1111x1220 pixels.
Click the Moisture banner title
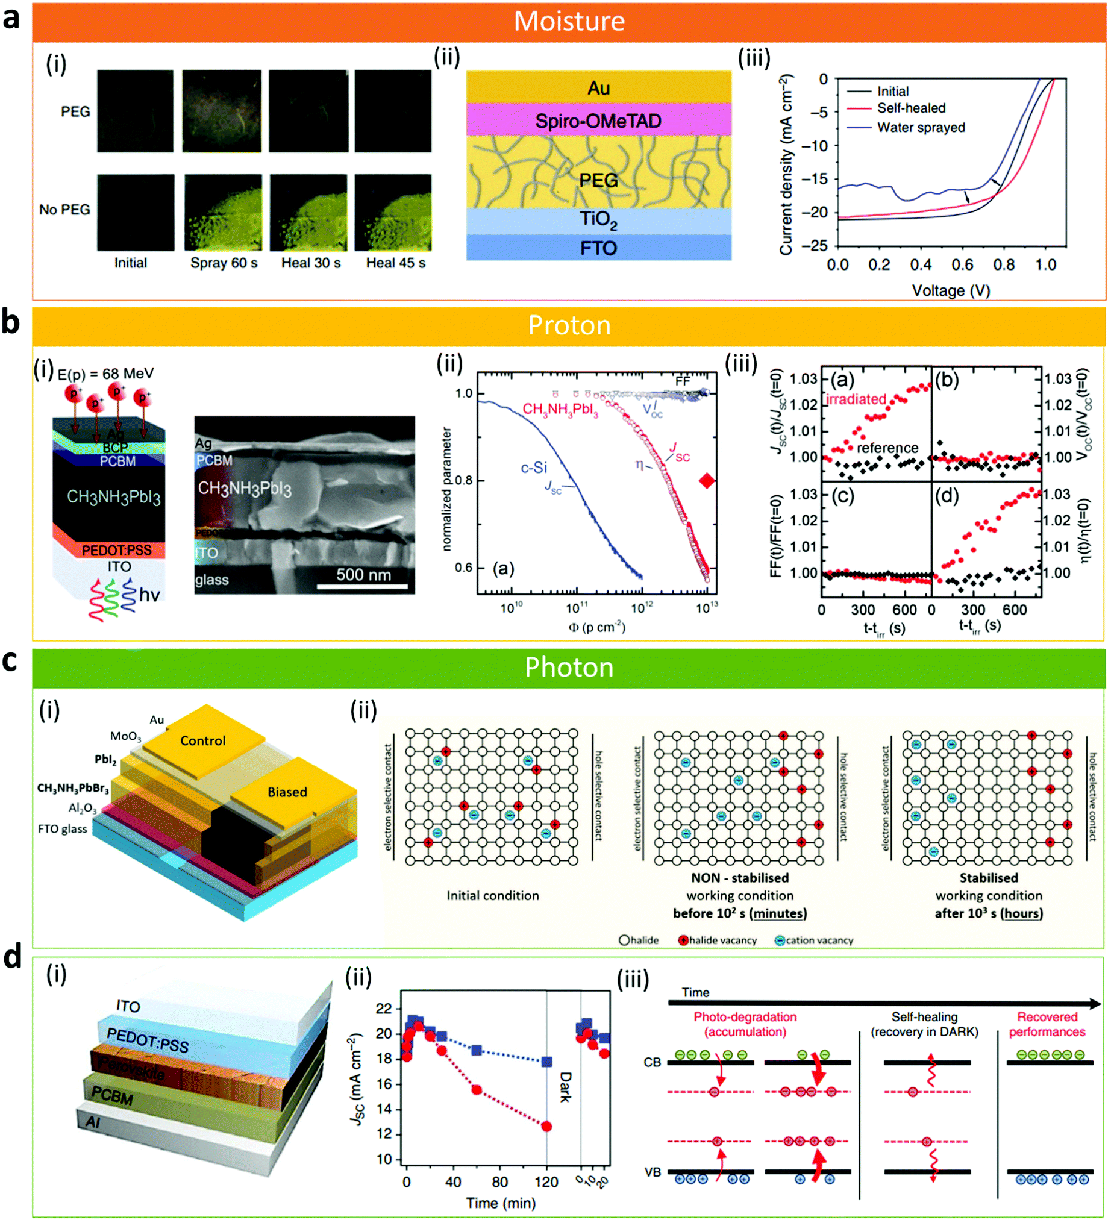569,21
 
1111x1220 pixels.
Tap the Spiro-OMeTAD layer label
598,121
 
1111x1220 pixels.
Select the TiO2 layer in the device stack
598,220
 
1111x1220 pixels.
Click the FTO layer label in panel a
598,248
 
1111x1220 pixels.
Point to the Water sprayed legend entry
921,128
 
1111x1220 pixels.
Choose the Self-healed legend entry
911,108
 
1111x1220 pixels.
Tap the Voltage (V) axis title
951,291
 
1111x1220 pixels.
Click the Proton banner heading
569,325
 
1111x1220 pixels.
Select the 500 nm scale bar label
363,574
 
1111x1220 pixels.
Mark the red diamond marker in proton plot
706,481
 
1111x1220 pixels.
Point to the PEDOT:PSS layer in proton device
116,550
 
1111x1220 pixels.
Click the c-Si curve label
534,468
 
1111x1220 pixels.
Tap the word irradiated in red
856,399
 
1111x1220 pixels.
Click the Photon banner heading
569,668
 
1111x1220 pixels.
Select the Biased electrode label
287,792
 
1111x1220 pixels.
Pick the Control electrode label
202,740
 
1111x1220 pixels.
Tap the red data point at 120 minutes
546,1126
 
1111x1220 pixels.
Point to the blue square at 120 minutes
546,1062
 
